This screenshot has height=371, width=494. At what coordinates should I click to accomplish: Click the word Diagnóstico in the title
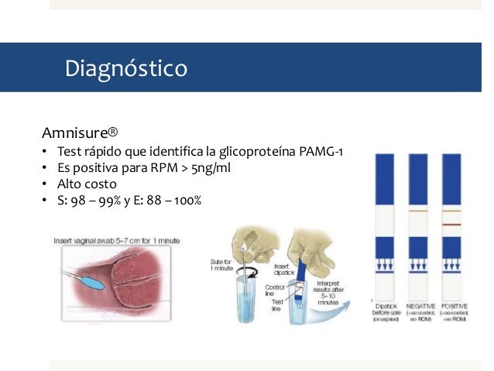125,69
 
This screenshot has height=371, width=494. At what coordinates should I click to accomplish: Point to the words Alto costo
87,184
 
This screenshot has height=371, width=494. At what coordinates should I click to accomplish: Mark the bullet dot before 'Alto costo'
46,185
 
